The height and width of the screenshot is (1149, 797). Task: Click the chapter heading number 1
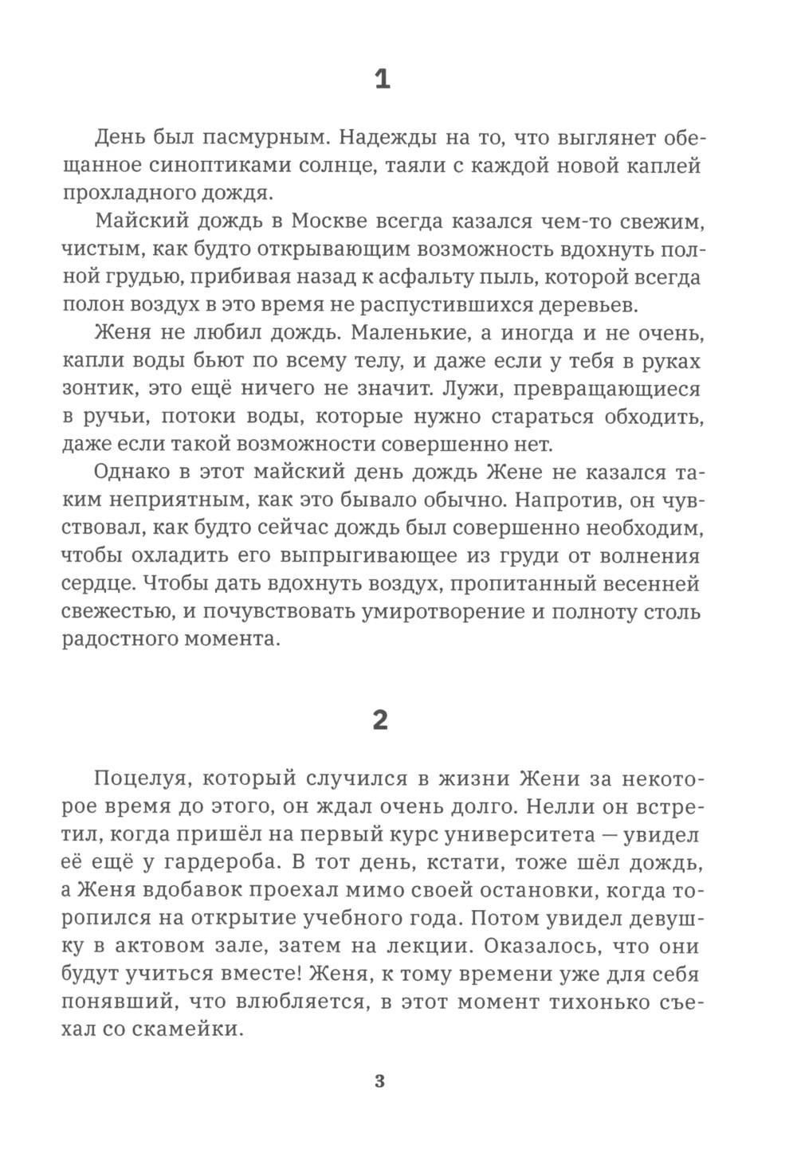tap(382, 80)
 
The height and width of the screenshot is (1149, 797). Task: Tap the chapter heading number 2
tap(381, 720)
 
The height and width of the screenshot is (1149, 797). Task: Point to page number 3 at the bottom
tap(379, 1081)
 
